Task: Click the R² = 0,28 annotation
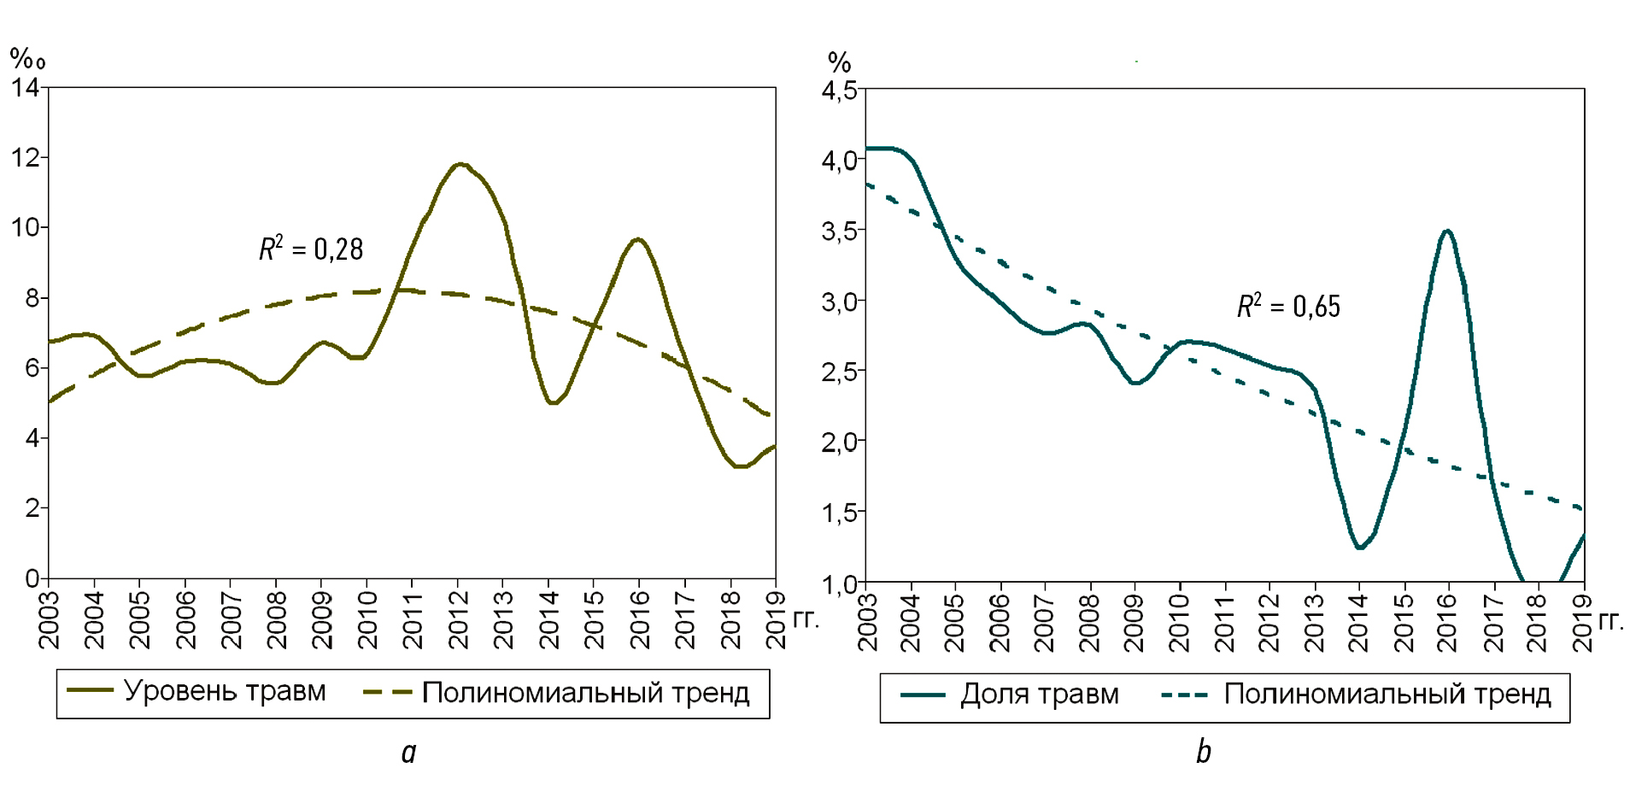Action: [x=311, y=249]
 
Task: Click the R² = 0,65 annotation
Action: [x=1288, y=306]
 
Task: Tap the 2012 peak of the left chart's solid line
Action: [x=460, y=164]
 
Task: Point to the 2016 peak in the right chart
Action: [x=1446, y=231]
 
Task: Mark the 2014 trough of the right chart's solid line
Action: [x=1359, y=548]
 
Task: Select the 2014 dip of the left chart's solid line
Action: [x=553, y=402]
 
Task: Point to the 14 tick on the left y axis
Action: [x=25, y=87]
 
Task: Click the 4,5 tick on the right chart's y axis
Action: [x=839, y=91]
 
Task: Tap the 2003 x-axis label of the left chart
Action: [x=49, y=619]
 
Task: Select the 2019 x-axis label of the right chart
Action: [x=1583, y=623]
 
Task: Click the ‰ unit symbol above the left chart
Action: [x=26, y=59]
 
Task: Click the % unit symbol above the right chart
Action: [x=839, y=62]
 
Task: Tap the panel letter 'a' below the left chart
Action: [x=409, y=752]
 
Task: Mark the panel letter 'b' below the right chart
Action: [x=1203, y=752]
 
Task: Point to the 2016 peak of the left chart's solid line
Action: [x=638, y=239]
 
